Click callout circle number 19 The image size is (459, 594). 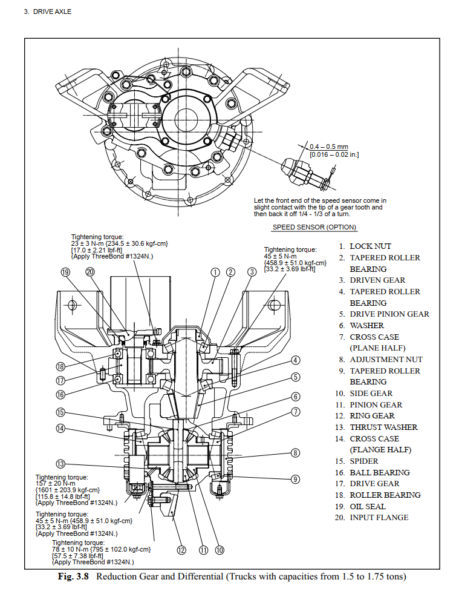tap(66, 272)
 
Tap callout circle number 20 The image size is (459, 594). tap(91, 272)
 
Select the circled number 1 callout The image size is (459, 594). tap(215, 272)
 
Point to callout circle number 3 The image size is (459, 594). tap(252, 272)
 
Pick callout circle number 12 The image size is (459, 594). tap(181, 550)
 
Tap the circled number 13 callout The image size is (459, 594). tap(60, 464)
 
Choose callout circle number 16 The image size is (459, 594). tap(60, 394)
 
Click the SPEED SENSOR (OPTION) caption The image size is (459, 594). tap(314, 228)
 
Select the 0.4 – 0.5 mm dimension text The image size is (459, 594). tap(328, 147)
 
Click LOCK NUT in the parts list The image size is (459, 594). tap(370, 246)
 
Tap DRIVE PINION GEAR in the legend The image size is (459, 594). tap(389, 314)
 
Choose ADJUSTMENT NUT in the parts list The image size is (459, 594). tap(386, 360)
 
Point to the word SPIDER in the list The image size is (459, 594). tap(363, 461)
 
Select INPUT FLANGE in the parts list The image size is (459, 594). tap(379, 518)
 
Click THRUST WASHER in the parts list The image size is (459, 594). tap(383, 427)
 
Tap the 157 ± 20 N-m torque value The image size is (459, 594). tap(56, 483)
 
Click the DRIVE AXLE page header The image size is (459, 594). tap(47, 12)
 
